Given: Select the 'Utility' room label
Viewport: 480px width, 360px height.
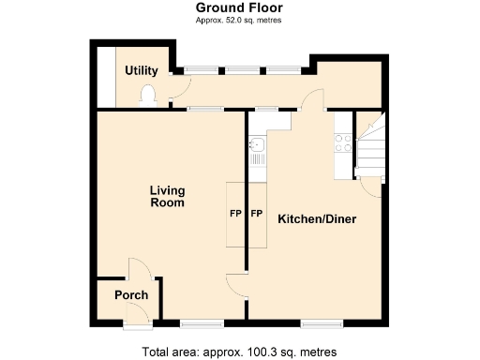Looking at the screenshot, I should pos(142,71).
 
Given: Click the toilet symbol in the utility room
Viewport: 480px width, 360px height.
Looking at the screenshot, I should pos(148,93).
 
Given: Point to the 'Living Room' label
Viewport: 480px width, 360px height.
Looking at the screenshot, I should pos(167,196).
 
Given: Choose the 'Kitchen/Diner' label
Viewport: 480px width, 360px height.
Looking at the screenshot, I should pos(316,219).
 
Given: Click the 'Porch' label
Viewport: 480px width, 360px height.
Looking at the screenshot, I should pos(131,295).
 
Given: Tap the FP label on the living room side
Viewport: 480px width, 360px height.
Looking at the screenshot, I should pos(235,214).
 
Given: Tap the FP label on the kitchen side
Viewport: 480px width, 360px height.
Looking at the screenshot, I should pos(256,214).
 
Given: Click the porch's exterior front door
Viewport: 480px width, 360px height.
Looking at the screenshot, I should pos(135,323).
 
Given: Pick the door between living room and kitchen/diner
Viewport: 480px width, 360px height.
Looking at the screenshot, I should pos(238,287).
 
